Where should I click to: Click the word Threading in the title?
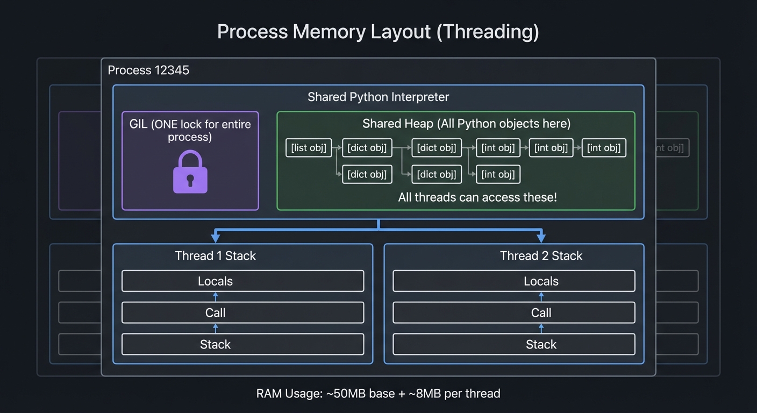tap(487, 32)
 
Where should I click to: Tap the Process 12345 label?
tap(148, 70)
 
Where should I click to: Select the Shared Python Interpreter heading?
tap(378, 97)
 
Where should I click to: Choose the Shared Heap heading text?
tap(466, 124)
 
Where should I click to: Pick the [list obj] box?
tap(308, 148)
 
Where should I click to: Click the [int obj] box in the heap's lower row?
tap(498, 174)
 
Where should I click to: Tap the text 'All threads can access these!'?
tap(477, 197)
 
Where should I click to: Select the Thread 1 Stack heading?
tap(215, 256)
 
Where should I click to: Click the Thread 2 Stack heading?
tap(541, 256)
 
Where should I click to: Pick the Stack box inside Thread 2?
tap(541, 345)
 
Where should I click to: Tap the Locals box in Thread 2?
tap(541, 281)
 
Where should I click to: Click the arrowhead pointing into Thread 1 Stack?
tap(215, 238)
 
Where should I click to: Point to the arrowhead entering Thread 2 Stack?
tap(541, 238)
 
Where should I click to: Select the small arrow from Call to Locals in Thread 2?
tap(541, 297)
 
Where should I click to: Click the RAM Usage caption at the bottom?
tap(378, 394)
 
